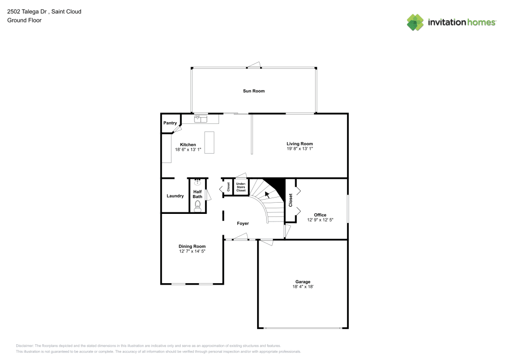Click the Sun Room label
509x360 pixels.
tap(253, 91)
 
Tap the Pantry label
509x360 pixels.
tap(169, 123)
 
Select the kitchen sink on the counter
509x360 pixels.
tap(201, 119)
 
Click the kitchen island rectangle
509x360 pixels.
tap(209, 143)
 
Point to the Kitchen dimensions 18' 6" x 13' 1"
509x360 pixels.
tap(188, 150)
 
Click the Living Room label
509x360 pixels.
tap(299, 144)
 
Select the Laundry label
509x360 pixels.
tap(175, 196)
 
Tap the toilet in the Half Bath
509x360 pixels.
tap(197, 206)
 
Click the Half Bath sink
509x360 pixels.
tap(197, 182)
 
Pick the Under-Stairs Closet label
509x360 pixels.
tap(241, 187)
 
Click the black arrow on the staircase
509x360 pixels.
tap(267, 193)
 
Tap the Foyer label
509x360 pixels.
tap(243, 224)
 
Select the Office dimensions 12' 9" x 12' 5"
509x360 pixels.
tap(320, 220)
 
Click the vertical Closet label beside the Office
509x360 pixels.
tap(291, 200)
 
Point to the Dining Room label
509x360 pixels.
tap(192, 246)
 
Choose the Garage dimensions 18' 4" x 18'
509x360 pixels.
tap(303, 287)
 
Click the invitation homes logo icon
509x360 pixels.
tap(415, 22)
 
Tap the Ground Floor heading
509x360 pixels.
tap(24, 20)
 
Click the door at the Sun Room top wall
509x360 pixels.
tap(253, 65)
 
